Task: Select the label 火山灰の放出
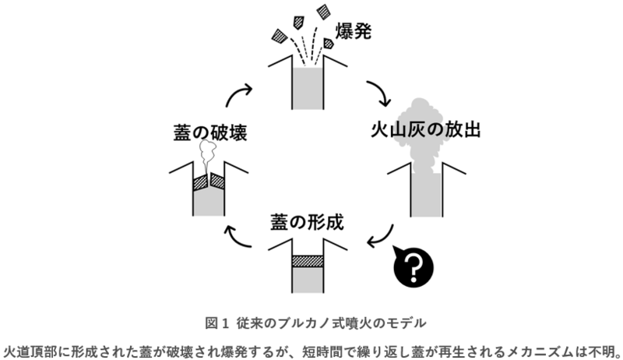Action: pyautogui.click(x=424, y=129)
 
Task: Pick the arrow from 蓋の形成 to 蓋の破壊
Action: pyautogui.click(x=238, y=236)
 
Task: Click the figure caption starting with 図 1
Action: pyautogui.click(x=311, y=322)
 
